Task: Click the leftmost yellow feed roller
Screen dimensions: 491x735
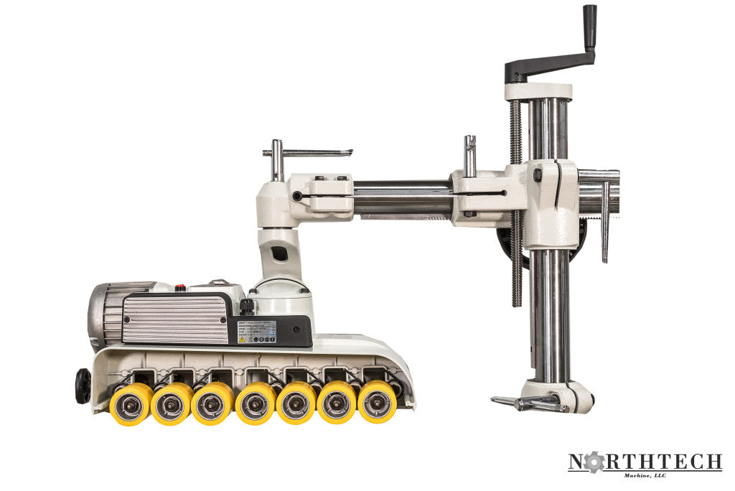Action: click(130, 403)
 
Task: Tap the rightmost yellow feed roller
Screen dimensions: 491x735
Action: click(378, 401)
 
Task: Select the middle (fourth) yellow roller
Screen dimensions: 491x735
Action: click(255, 403)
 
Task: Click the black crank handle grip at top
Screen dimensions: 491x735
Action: click(589, 27)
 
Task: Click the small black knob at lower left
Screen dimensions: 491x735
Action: click(83, 385)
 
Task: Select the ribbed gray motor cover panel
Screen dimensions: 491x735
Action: click(174, 318)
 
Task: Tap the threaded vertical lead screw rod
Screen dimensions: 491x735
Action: click(516, 201)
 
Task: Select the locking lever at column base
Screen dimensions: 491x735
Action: click(527, 403)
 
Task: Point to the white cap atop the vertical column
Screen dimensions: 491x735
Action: click(538, 91)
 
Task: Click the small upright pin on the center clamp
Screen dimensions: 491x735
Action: click(469, 154)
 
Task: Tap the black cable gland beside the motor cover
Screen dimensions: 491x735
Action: click(247, 307)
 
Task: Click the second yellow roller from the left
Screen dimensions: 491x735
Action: click(171, 403)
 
